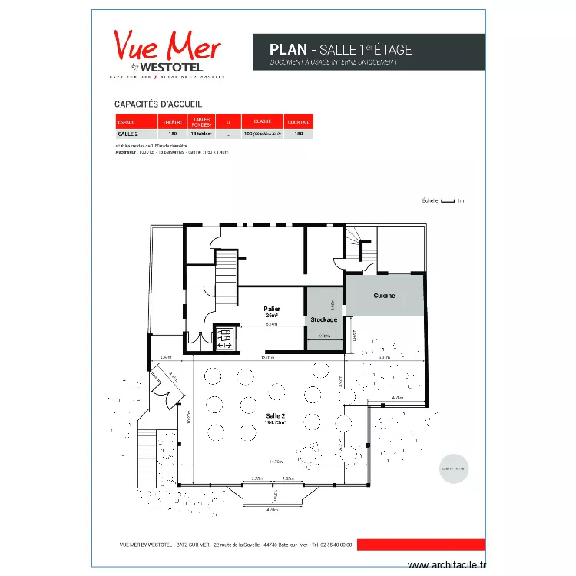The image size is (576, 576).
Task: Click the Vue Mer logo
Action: pos(167,52)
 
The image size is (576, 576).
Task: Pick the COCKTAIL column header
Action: pos(298,122)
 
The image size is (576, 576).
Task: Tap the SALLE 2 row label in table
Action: pos(127,134)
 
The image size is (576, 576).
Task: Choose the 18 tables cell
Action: pos(200,134)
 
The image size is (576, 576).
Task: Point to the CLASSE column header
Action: pos(262,121)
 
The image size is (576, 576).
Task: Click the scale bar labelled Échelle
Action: pos(448,201)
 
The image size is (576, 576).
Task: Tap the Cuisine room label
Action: pos(385,296)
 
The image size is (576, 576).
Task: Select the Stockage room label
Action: pos(323,319)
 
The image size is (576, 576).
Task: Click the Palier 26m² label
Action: pos(272,312)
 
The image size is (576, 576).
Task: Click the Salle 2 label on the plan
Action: pos(275,419)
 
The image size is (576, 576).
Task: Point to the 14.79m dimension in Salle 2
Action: pos(276,462)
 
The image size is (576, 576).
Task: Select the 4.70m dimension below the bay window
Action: pos(272,510)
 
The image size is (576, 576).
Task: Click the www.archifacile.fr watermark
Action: pos(447,565)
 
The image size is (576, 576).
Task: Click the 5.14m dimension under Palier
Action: pos(271,325)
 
